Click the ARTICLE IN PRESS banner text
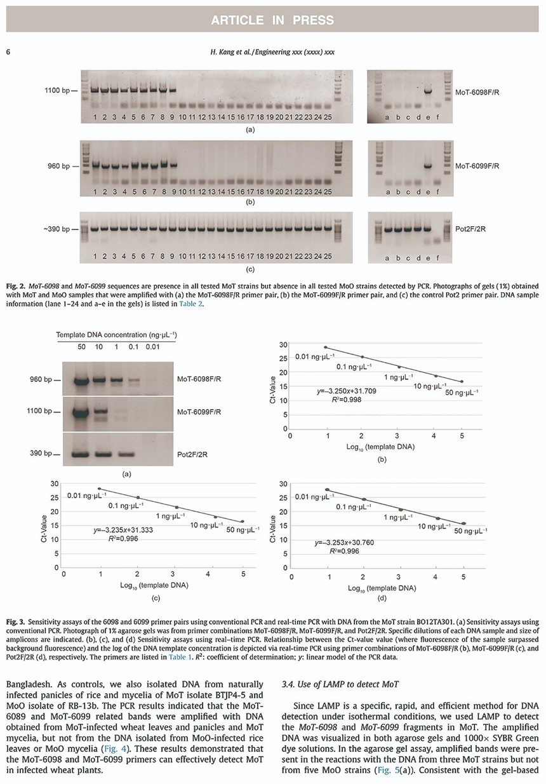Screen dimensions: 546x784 (x=272, y=20)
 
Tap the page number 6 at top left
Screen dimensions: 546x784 (x=8, y=52)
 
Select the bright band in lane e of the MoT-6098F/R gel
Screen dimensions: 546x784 (x=428, y=91)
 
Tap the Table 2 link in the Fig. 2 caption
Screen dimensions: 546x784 (x=190, y=304)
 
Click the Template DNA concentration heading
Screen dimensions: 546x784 (x=116, y=335)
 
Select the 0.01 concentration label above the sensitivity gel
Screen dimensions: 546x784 (x=152, y=347)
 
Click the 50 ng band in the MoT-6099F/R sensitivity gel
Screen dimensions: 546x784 (x=81, y=413)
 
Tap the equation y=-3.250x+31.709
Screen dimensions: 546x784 (x=347, y=391)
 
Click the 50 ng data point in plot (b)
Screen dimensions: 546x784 (x=462, y=381)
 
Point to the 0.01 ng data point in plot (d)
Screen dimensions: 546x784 (x=327, y=490)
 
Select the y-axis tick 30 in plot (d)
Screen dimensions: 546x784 (x=283, y=484)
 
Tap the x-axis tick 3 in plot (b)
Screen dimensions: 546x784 (x=397, y=436)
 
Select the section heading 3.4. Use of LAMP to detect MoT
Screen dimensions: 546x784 (x=340, y=684)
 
